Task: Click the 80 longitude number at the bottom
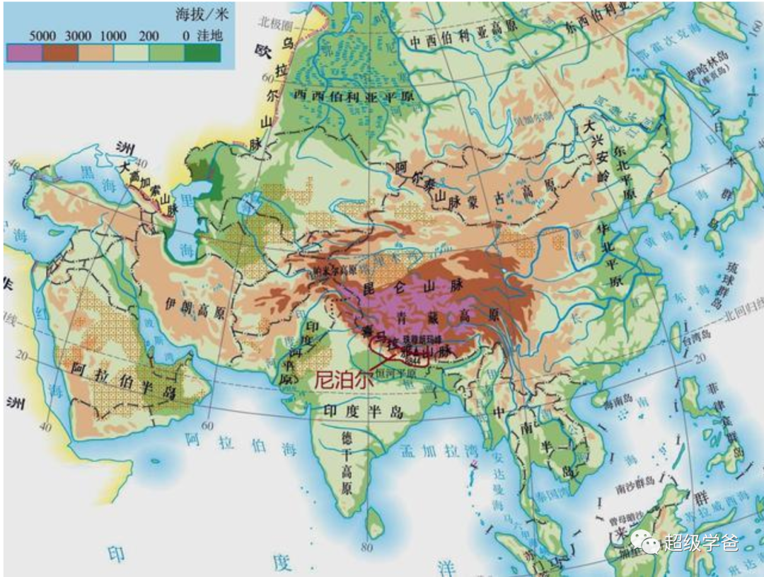pos(366,547)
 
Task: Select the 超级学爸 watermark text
pos(700,542)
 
